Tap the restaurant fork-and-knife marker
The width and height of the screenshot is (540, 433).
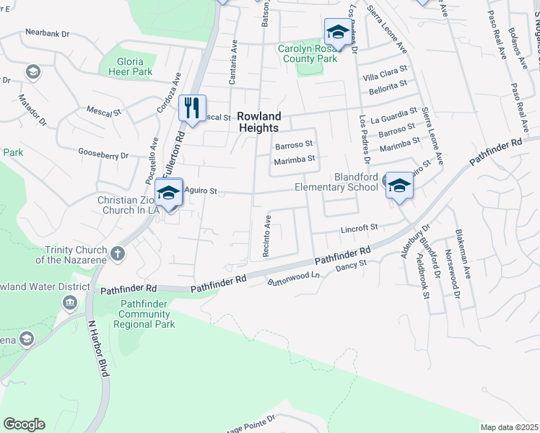[x=192, y=108]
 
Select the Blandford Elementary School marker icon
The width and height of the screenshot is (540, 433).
[x=398, y=186]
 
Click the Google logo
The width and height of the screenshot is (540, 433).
[x=24, y=424]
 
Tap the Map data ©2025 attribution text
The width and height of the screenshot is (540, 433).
[x=509, y=427]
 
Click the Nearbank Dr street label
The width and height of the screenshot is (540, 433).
[x=47, y=33]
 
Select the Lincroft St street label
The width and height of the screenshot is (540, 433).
[x=360, y=228]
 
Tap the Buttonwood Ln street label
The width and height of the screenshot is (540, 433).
[x=293, y=278]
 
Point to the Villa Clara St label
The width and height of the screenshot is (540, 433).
[x=380, y=76]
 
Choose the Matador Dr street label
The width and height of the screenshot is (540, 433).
[x=32, y=108]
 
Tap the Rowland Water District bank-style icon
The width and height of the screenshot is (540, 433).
[x=70, y=301]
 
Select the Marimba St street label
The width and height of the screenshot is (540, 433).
[x=296, y=159]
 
